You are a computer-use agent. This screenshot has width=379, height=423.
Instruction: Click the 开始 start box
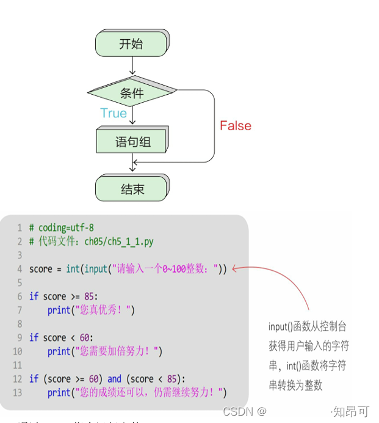click(131, 43)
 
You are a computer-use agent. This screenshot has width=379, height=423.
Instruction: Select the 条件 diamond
click(132, 93)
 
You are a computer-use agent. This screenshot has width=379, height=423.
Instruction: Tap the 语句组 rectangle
click(132, 142)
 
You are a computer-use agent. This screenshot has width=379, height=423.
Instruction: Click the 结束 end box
click(132, 189)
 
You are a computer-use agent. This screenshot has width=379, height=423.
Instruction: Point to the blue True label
click(114, 113)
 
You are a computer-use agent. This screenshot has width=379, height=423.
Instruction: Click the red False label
click(235, 126)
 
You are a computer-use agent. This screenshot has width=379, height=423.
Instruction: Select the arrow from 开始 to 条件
click(132, 66)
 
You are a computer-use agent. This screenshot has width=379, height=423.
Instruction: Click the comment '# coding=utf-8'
click(61, 228)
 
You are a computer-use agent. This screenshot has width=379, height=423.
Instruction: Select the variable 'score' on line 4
click(41, 269)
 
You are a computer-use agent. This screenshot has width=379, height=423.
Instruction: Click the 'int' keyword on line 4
click(73, 269)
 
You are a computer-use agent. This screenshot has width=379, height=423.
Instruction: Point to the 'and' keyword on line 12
click(114, 379)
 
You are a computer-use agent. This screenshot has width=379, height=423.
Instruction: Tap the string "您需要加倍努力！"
click(117, 351)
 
